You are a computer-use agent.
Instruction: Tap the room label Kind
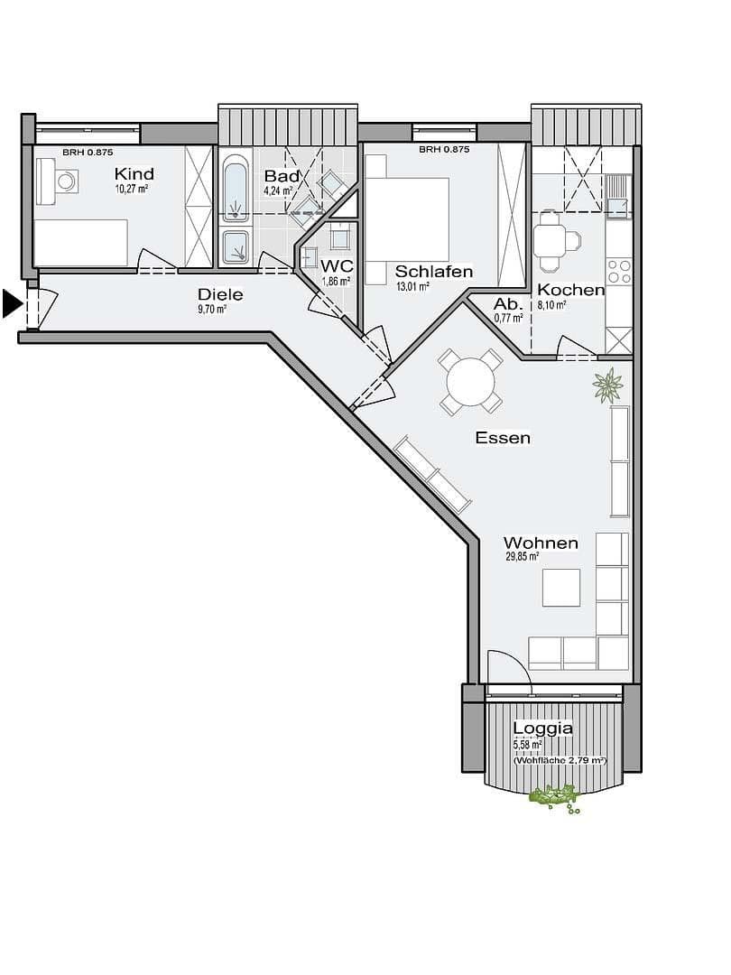[x=134, y=174]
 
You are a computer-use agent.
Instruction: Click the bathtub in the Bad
[x=236, y=190]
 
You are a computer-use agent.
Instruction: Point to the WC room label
[x=337, y=267]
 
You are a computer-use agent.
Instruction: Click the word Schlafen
[x=434, y=271]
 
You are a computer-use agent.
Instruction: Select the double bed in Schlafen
[x=407, y=217]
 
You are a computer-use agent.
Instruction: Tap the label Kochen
[x=570, y=290]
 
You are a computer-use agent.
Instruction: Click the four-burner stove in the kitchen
[x=619, y=271]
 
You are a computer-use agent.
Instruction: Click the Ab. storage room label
[x=507, y=304]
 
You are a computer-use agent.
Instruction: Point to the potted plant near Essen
[x=607, y=385]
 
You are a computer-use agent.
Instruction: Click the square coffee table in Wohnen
[x=561, y=588]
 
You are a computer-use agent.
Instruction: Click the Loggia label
[x=542, y=729]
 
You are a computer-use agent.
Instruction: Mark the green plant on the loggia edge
[x=553, y=796]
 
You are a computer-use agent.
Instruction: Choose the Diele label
[x=220, y=294]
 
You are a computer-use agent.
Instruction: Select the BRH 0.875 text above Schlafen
[x=443, y=150]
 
